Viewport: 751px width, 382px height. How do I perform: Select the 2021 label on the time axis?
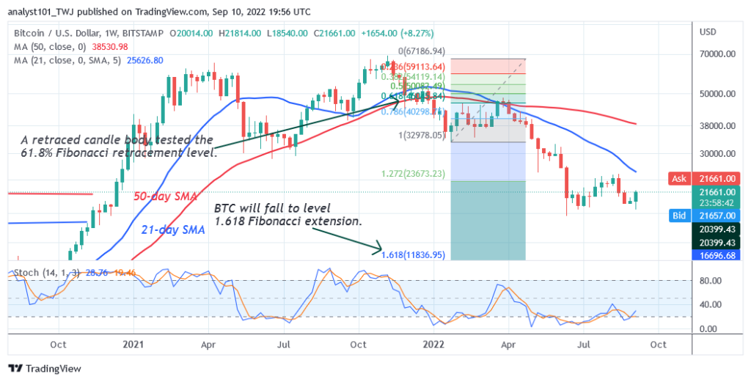[133, 344]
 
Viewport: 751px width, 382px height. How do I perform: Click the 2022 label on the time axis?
[434, 344]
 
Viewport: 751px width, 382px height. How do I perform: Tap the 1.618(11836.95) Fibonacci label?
[413, 254]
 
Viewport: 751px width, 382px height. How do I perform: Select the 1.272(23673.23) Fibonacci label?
[413, 175]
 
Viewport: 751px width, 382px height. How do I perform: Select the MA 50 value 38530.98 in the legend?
[105, 45]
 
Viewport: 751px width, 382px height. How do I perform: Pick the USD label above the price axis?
[708, 33]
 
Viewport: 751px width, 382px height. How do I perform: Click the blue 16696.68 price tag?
[719, 254]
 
